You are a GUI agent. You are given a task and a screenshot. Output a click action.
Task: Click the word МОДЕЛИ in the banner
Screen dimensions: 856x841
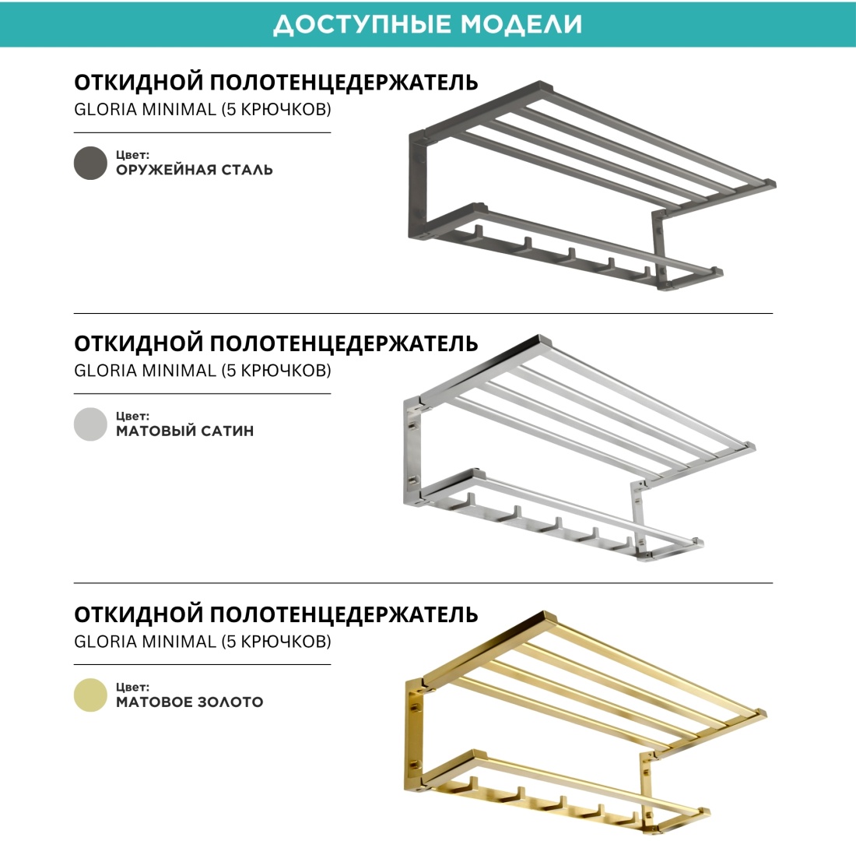[x=521, y=25]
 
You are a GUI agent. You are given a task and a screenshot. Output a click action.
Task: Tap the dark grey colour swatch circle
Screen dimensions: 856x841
[x=90, y=163]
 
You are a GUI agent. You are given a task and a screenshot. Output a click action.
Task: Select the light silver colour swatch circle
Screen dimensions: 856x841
[x=90, y=424]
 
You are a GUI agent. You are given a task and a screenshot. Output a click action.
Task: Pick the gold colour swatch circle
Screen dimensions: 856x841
[x=90, y=695]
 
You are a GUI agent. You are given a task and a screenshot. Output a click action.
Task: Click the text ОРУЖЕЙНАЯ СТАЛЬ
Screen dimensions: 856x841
[x=195, y=170]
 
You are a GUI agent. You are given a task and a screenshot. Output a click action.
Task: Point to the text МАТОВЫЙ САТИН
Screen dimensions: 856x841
[x=185, y=431]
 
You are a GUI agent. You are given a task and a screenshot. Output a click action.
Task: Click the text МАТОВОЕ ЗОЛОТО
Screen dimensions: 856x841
[x=189, y=702]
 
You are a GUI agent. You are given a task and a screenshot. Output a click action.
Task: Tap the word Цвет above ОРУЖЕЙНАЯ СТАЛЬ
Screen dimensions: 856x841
[x=132, y=155]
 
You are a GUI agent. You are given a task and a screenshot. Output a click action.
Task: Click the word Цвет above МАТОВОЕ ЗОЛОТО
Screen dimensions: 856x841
[x=132, y=688]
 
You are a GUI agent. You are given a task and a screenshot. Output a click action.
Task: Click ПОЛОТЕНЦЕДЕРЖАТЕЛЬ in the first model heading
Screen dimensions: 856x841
[x=344, y=83]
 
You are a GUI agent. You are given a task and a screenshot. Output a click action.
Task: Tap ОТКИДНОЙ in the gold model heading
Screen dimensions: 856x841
[x=139, y=614]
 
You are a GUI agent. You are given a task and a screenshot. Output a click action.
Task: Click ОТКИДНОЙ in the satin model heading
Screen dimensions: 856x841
[x=139, y=343]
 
